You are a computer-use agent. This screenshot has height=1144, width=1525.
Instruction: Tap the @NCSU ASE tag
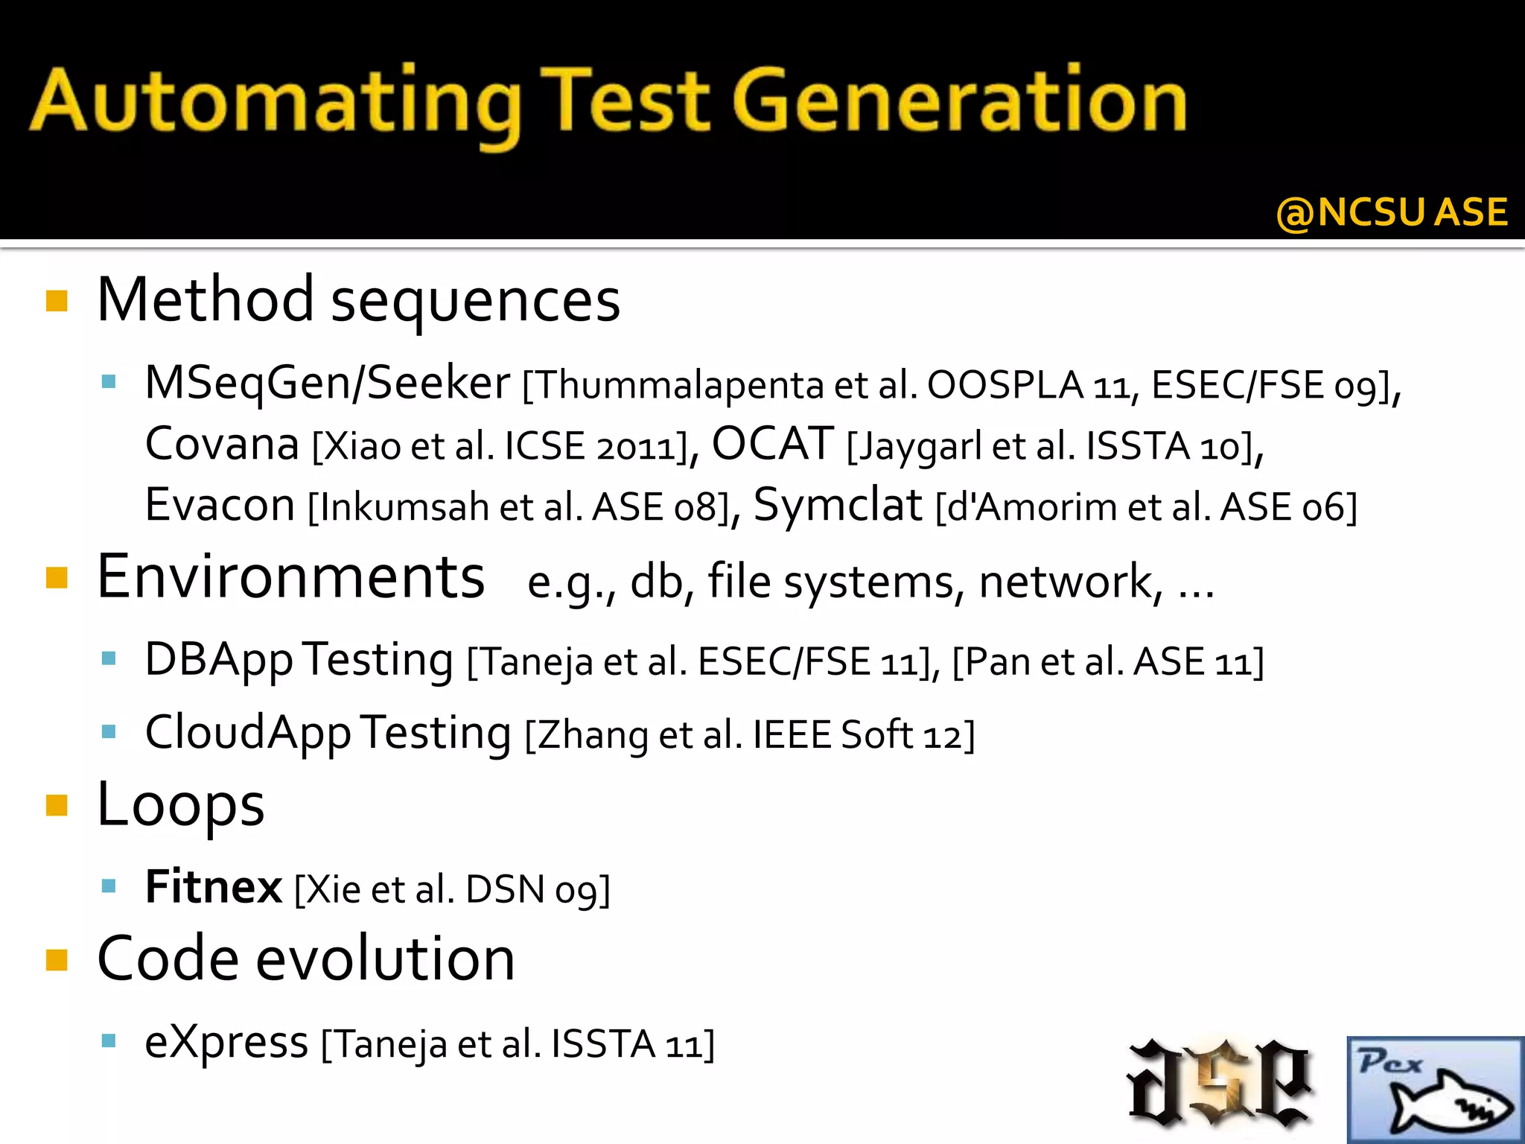click(1391, 212)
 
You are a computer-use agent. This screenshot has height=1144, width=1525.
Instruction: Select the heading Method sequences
click(358, 299)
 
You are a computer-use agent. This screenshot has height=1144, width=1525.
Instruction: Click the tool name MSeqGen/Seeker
click(328, 384)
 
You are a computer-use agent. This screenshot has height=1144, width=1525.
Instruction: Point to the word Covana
click(222, 445)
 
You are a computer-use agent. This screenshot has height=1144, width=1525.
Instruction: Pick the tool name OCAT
click(772, 445)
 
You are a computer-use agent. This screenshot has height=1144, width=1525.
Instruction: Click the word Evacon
click(220, 505)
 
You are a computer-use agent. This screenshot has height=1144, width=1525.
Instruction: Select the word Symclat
click(838, 505)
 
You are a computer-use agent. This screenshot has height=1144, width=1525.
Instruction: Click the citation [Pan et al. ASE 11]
click(1108, 661)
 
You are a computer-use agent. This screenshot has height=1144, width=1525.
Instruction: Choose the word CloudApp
click(247, 733)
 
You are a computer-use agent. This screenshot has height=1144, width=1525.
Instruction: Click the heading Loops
click(181, 806)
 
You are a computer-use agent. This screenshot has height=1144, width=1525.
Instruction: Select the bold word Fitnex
click(214, 887)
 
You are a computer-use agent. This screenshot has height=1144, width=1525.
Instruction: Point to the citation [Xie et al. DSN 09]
click(452, 889)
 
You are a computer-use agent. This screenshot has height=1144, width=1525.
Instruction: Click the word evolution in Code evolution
click(385, 959)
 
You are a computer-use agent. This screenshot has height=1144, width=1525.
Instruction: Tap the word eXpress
click(226, 1042)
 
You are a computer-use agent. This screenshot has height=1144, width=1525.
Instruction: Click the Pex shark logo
click(1434, 1089)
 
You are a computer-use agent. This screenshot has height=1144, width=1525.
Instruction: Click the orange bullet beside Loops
click(57, 805)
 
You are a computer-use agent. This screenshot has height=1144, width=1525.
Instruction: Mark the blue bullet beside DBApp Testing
click(109, 658)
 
